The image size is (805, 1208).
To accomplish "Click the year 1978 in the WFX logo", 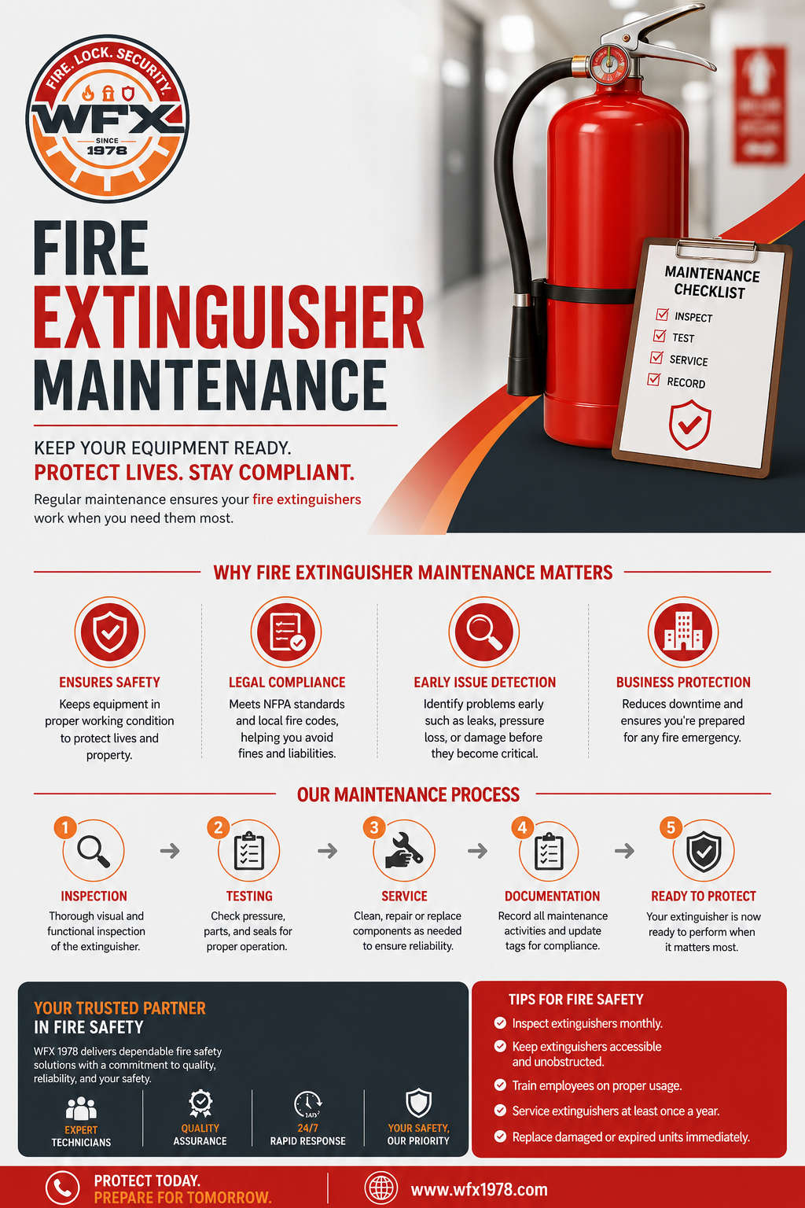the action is coord(107,150).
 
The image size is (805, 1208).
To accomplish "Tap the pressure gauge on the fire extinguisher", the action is coord(609,63).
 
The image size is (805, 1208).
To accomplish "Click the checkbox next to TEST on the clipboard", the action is coord(660,336).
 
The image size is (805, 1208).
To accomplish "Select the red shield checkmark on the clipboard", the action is coord(689,425).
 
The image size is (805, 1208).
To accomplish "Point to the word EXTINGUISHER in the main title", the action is coord(229,319).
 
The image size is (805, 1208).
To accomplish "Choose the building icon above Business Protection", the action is coord(683,632).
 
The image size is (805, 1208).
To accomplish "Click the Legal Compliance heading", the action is coord(287,682).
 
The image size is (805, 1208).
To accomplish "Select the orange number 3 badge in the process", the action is coord(374,827).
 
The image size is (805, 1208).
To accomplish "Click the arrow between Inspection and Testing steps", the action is coord(170,851).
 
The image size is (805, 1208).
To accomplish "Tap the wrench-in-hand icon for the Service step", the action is coord(404,850).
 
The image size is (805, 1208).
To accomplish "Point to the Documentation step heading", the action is coord(552,896).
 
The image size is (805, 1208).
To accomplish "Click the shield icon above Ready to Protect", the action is coord(704,852).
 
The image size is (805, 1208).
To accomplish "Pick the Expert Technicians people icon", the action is coord(81,1109).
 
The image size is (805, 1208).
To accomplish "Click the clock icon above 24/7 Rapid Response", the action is coord(308,1104).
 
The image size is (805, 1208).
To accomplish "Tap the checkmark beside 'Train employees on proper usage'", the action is coord(500,1085).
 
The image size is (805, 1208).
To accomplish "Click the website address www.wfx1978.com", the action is coord(479,1190).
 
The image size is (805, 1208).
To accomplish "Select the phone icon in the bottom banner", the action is coord(63,1188).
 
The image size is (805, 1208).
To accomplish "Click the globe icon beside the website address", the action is coord(381,1188).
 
